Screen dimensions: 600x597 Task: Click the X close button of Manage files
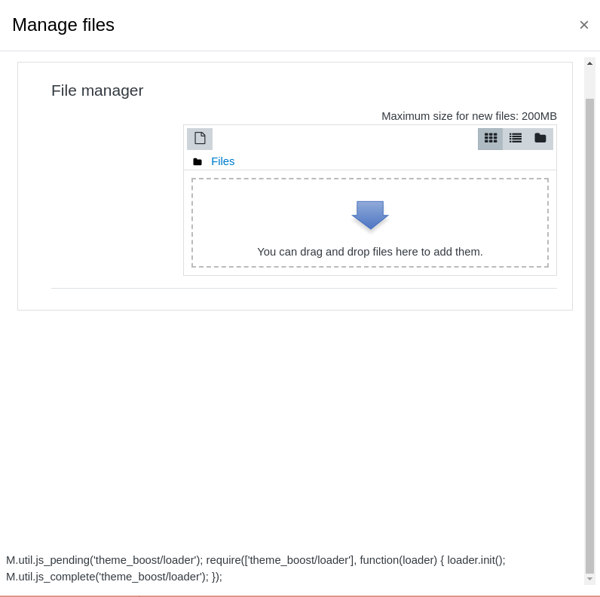pyautogui.click(x=584, y=26)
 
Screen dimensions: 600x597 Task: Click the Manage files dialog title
pyautogui.click(x=63, y=25)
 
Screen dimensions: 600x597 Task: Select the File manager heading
pyautogui.click(x=97, y=90)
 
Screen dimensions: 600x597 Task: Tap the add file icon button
pyautogui.click(x=200, y=139)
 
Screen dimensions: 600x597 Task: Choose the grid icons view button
pyautogui.click(x=491, y=139)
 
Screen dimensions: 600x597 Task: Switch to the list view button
pyautogui.click(x=516, y=139)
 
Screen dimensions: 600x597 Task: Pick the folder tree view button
pyautogui.click(x=540, y=139)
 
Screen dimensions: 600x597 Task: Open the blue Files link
pyautogui.click(x=222, y=161)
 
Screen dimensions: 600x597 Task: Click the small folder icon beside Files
pyautogui.click(x=197, y=162)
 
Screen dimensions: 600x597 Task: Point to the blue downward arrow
pyautogui.click(x=370, y=215)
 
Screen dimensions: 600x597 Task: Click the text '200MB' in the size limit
pyautogui.click(x=539, y=116)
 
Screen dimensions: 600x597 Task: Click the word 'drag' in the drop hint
pyautogui.click(x=311, y=252)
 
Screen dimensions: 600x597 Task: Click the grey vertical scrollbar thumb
pyautogui.click(x=589, y=336)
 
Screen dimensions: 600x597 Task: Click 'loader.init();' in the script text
pyautogui.click(x=476, y=560)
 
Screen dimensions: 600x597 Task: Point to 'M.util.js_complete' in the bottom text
pyautogui.click(x=50, y=577)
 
